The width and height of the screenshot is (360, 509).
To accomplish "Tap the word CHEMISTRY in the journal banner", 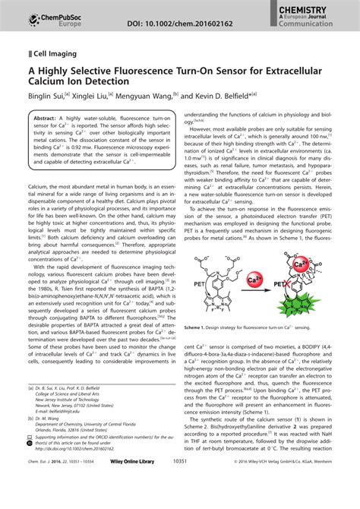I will [324, 6].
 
